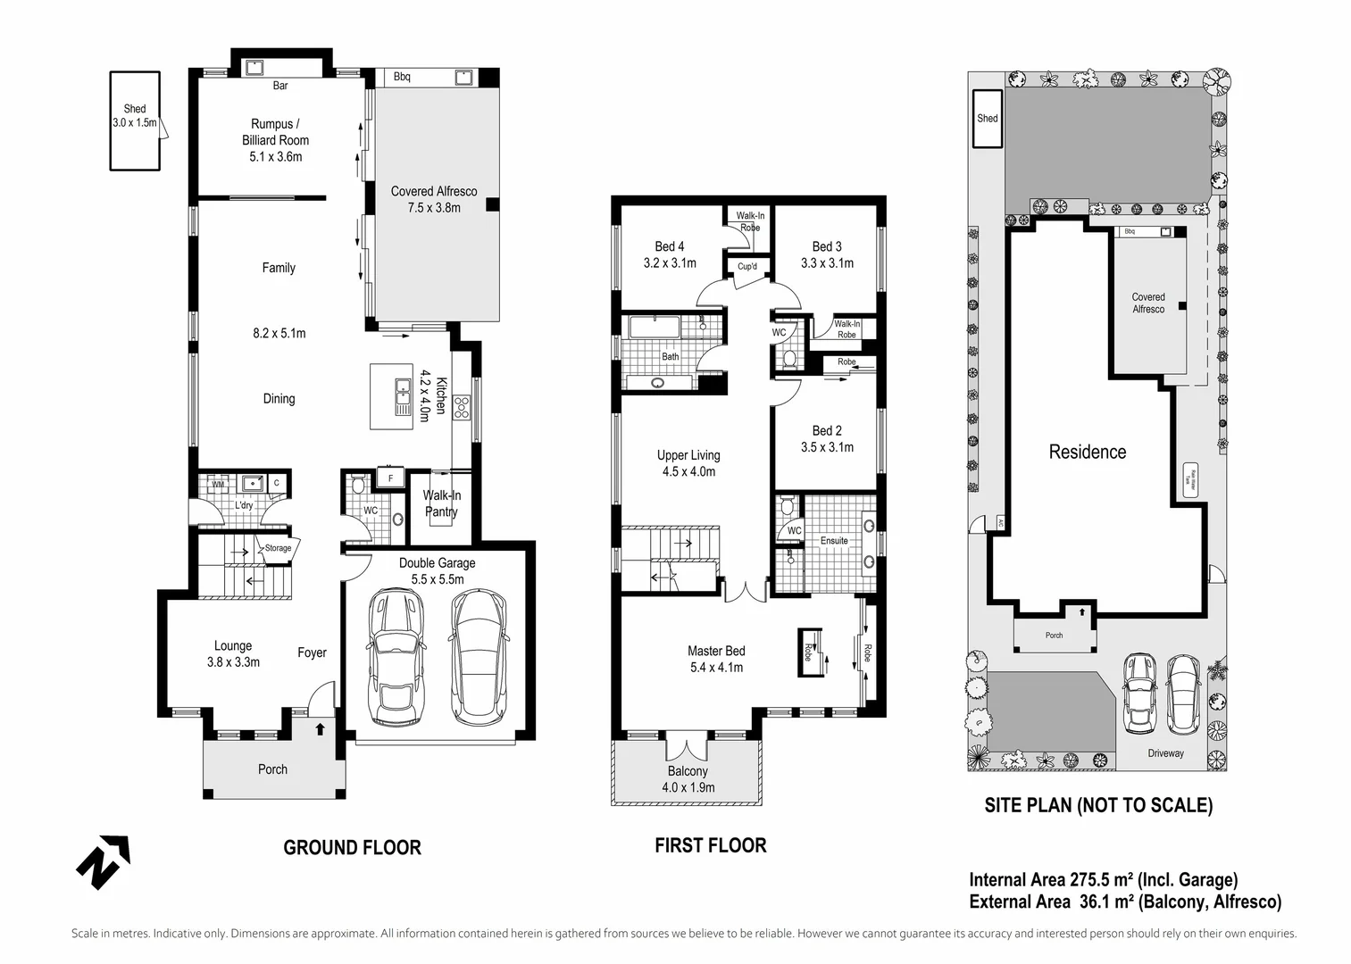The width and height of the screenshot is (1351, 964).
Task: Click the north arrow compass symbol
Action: click(103, 862)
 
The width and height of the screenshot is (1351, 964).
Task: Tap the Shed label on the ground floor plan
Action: click(135, 109)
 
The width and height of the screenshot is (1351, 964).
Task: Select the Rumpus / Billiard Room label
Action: click(275, 132)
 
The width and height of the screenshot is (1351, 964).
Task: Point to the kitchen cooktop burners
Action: click(462, 408)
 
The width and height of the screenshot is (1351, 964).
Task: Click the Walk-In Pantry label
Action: click(441, 503)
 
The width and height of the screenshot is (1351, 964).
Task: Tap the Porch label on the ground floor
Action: click(272, 769)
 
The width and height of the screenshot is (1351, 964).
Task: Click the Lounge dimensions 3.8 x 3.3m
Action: click(233, 662)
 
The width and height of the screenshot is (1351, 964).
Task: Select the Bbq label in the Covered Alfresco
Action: click(402, 78)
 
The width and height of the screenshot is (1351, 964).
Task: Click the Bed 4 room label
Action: click(670, 246)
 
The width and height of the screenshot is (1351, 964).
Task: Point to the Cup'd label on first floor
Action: click(747, 267)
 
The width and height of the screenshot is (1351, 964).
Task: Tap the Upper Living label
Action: click(688, 455)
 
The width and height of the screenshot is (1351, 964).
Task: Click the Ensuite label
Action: click(834, 541)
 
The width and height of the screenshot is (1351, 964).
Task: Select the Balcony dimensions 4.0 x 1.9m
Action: click(688, 787)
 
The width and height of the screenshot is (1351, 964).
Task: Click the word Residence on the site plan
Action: click(1087, 452)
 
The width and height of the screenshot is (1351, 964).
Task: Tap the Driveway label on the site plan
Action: click(1165, 753)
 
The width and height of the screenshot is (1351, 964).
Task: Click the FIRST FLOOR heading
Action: click(710, 845)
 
